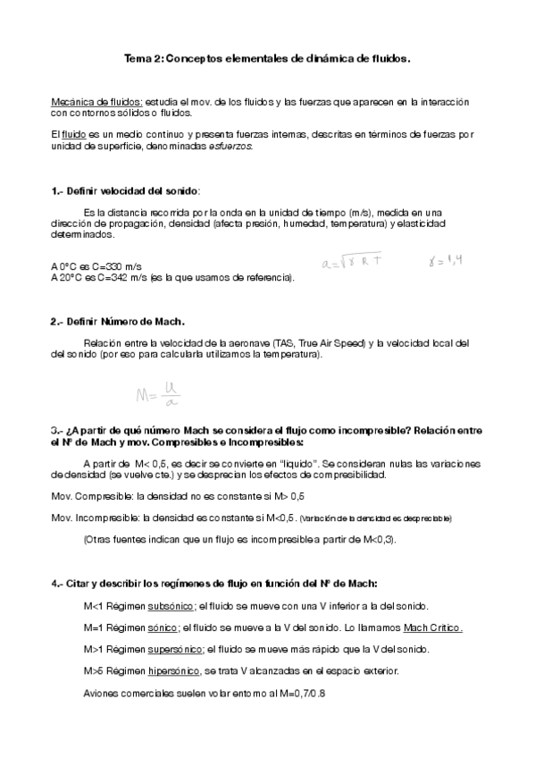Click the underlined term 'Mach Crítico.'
[x=432, y=627]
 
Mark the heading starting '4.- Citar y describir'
[x=214, y=583]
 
